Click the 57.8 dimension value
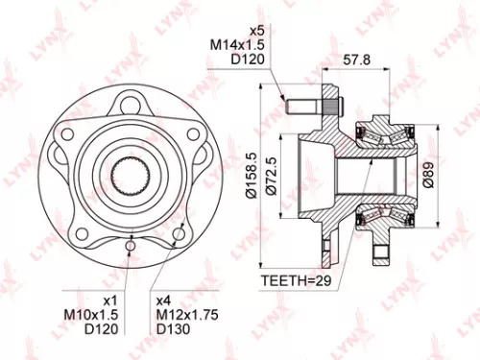pos(358,60)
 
